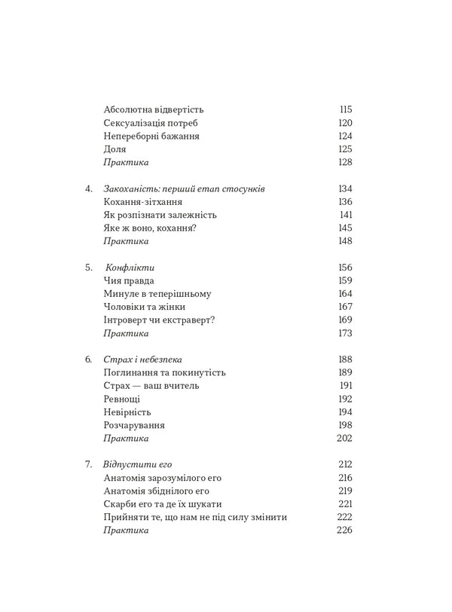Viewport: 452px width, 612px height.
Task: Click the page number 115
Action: click(346, 109)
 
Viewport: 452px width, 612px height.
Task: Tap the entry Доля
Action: click(115, 149)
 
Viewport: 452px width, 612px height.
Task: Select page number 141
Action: click(346, 215)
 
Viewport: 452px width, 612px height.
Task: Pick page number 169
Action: click(346, 320)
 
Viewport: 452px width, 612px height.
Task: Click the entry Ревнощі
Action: click(124, 399)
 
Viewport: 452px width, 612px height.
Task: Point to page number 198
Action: click(346, 425)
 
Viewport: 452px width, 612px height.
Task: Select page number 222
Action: click(346, 517)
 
